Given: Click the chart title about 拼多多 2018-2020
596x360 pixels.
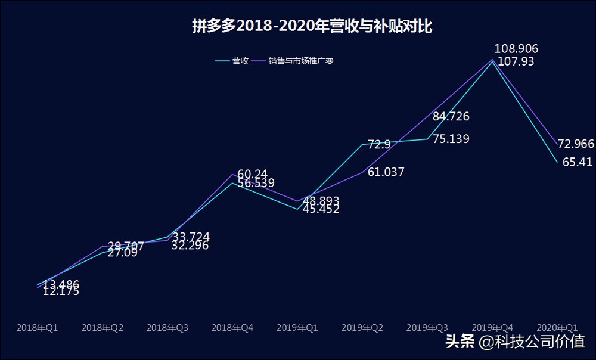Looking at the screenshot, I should coord(312,27).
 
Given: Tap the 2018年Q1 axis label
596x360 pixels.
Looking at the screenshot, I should coord(37,328).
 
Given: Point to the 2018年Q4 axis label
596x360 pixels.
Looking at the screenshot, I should coord(232,328).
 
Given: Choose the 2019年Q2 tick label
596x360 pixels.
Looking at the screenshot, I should coord(362,328).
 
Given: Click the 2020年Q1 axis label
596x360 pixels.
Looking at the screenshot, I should coord(557,328).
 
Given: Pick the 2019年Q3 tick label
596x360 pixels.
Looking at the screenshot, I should coord(427,328).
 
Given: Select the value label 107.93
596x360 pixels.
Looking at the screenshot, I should coord(516,61).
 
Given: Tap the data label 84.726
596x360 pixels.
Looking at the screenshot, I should coord(451,116).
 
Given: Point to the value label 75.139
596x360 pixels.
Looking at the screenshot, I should coord(451,139).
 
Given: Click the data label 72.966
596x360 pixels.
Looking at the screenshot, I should coord(576,144).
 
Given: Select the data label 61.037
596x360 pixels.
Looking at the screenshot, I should coord(386,172).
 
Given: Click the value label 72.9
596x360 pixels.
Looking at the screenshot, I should coord(379,144).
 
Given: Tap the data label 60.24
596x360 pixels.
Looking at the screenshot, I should coord(252,174).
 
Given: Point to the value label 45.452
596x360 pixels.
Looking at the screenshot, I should coord(321,209).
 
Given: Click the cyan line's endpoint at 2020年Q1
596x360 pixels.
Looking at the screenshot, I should coord(557,162).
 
